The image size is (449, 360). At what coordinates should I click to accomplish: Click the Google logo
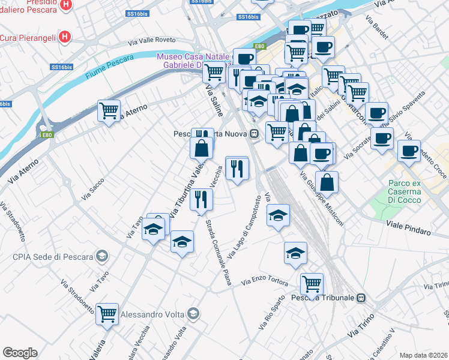pos(19,353)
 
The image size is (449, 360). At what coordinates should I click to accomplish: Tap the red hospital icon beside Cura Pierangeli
pos(65,38)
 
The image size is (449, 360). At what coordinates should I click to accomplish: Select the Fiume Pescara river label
pos(105,68)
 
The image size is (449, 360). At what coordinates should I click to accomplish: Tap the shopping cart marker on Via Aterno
pos(109,110)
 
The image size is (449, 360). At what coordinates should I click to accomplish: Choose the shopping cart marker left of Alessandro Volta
pos(107,313)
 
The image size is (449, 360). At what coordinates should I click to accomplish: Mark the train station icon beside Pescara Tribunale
pos(361,298)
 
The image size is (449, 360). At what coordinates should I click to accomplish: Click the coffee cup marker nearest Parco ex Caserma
pos(409,151)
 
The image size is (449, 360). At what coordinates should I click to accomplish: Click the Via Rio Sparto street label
pos(272,315)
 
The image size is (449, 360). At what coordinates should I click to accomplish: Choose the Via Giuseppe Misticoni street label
pos(322,200)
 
